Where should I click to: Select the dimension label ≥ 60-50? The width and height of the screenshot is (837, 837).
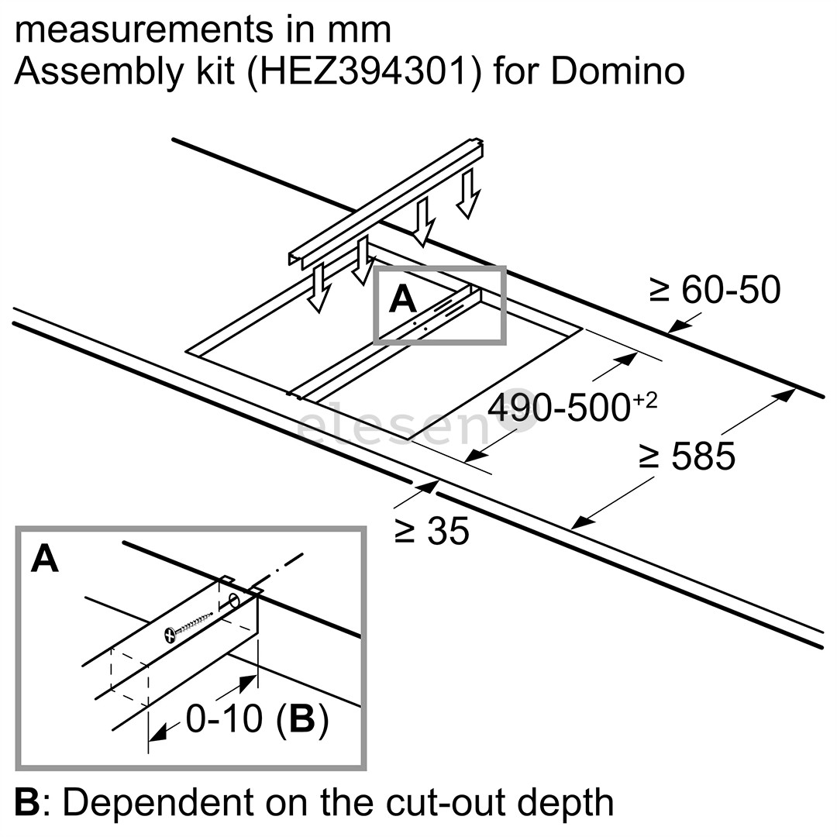pos(715,291)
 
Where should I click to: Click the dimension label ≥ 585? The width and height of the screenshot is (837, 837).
pos(687,456)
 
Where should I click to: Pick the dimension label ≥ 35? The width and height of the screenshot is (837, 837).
pos(432,532)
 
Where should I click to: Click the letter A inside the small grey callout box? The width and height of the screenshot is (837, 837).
pos(403,299)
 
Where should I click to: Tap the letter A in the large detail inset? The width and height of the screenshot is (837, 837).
pos(45,559)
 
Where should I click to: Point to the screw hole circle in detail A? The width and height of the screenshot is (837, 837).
pos(233,601)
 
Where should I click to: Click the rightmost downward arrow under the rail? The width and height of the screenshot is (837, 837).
pos(467,194)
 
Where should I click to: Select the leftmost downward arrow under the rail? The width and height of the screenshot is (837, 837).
pos(317,288)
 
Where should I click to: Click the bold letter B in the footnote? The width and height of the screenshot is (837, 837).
pos(26,803)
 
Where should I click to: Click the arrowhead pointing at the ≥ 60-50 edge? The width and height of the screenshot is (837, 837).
pos(673,329)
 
